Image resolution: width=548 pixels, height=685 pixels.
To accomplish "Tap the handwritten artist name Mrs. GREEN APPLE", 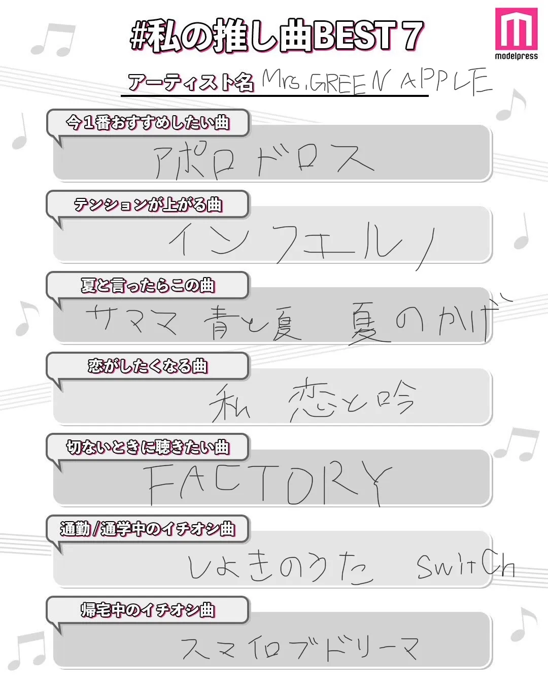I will pyautogui.click(x=376, y=82).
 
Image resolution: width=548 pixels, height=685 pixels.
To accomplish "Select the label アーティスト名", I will pyautogui.click(x=191, y=82).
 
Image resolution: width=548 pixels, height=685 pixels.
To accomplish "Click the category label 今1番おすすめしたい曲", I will pyautogui.click(x=148, y=123).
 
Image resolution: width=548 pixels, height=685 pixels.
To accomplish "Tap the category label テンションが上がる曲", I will pyautogui.click(x=148, y=204).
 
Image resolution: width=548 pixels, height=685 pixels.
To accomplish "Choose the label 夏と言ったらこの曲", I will pyautogui.click(x=148, y=286).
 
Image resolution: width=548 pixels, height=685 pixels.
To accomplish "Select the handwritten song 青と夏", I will pyautogui.click(x=252, y=325).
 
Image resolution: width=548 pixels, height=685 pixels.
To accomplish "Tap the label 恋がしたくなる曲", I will pyautogui.click(x=148, y=366).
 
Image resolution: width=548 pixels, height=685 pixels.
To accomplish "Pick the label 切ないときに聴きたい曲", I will pyautogui.click(x=148, y=448).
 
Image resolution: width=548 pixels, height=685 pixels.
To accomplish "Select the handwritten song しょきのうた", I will pyautogui.click(x=281, y=567).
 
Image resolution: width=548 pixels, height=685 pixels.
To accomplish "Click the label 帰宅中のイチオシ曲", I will pyautogui.click(x=148, y=610).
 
